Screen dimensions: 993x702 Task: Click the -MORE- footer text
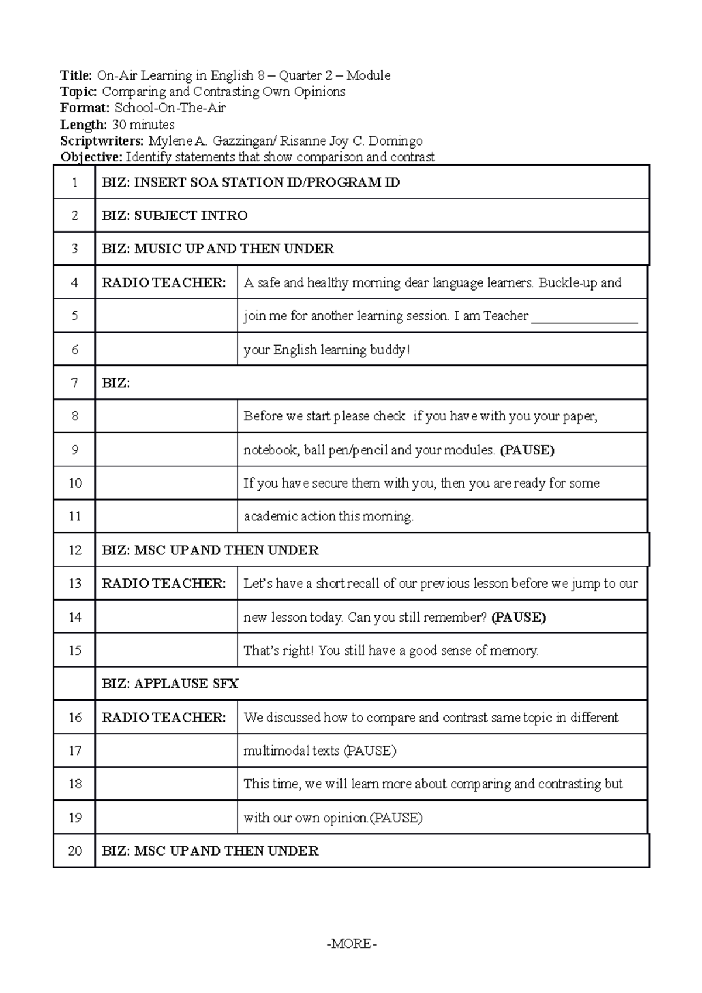(x=352, y=943)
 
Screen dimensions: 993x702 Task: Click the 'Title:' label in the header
(x=76, y=75)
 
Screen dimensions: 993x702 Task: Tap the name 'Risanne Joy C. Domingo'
(x=352, y=141)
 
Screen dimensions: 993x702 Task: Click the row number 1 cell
(x=74, y=182)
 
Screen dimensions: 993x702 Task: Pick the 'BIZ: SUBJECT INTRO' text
(x=174, y=216)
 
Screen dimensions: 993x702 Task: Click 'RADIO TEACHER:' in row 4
(x=164, y=283)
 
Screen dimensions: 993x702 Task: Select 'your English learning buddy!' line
(x=326, y=350)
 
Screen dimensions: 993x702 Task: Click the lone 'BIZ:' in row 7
(x=116, y=384)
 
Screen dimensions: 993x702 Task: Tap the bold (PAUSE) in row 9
(x=527, y=450)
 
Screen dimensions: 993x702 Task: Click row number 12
(x=74, y=550)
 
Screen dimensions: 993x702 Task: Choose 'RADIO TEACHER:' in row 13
(x=164, y=584)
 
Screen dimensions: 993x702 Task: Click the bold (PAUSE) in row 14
(x=518, y=618)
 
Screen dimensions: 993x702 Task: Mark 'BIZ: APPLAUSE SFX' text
(x=170, y=684)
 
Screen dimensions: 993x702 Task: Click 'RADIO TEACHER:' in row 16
(x=164, y=718)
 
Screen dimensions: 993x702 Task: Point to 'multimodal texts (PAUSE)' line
(x=319, y=751)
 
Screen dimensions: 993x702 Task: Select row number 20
(x=74, y=851)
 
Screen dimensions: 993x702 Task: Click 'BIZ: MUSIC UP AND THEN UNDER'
(x=218, y=249)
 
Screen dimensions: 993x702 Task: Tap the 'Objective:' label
(x=92, y=157)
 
